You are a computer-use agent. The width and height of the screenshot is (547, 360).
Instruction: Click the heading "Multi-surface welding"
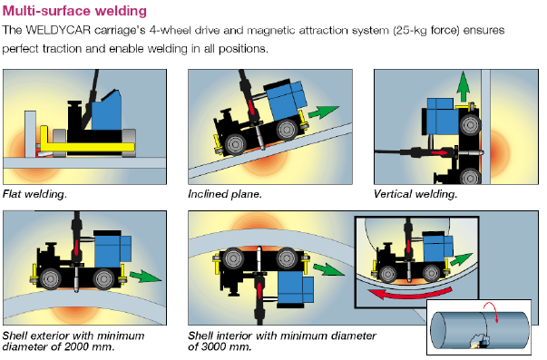pos(74,11)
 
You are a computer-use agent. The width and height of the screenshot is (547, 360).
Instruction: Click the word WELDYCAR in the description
pos(58,30)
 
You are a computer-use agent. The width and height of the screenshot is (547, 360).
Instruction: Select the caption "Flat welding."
pos(34,194)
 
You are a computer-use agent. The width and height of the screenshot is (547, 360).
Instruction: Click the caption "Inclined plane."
pos(225,194)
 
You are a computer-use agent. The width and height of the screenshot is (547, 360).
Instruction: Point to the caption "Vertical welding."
pos(415,194)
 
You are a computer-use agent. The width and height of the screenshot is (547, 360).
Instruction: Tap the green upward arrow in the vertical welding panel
pos(463,86)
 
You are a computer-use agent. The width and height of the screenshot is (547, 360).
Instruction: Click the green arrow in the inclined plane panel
pos(323,112)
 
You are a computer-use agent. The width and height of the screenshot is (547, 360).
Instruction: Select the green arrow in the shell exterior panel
pos(145,276)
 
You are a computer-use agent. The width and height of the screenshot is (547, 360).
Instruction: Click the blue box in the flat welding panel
pos(107,111)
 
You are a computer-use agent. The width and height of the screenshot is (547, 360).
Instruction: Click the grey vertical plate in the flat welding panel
pos(30,134)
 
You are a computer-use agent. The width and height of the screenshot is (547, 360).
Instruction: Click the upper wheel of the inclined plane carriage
pos(287,130)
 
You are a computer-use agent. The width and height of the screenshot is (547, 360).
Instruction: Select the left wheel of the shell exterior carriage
pos(50,278)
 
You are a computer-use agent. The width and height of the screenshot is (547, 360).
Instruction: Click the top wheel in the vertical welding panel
pos(470,125)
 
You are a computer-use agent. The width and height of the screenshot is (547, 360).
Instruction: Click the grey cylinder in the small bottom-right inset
pos(480,330)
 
